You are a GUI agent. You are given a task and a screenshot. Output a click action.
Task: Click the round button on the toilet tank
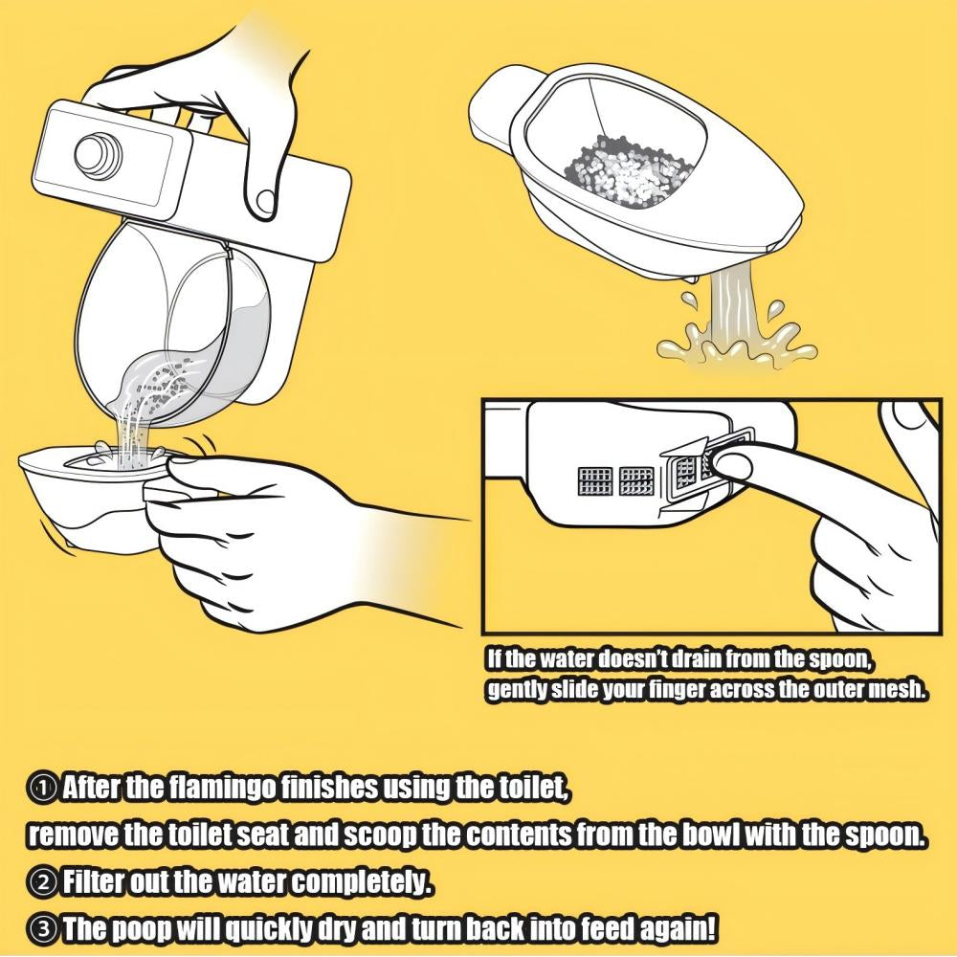coord(99,153)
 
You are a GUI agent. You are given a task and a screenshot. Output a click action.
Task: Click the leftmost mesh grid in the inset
coord(595,481)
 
